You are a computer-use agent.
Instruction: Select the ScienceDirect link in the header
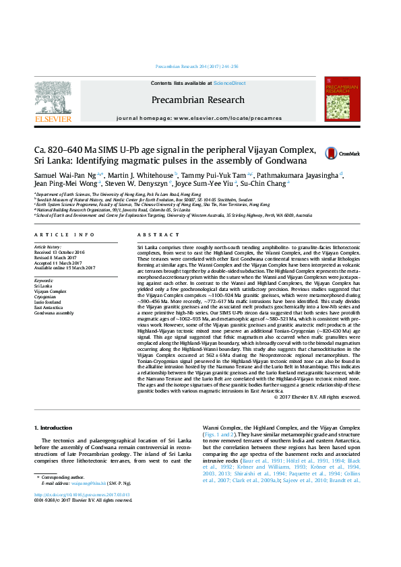click(x=229, y=82)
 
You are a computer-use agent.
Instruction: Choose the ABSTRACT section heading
click(x=152, y=235)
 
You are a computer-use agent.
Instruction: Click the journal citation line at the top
click(x=200, y=67)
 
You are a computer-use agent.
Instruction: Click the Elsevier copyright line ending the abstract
click(x=327, y=397)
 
